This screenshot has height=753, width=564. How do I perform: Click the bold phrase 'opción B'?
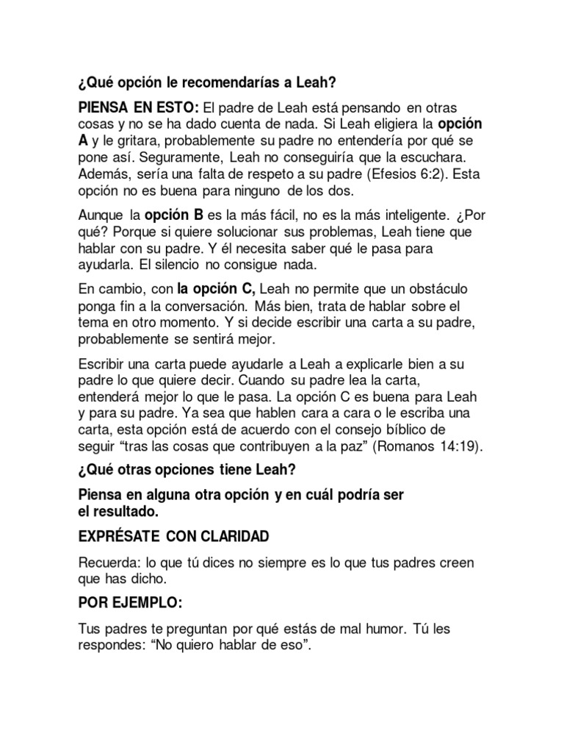point(170,216)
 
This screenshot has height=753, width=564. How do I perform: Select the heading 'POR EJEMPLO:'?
point(130,602)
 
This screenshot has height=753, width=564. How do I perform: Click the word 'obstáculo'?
point(432,289)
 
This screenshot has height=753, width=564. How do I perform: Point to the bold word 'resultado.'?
point(122,510)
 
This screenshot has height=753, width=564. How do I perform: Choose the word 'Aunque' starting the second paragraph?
point(101,217)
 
